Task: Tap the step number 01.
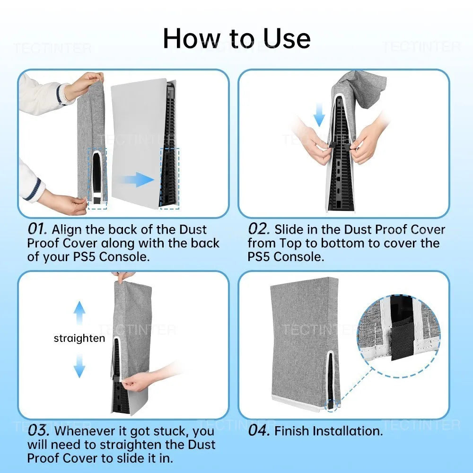click(x=37, y=229)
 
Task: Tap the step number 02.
click(x=258, y=229)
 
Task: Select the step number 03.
click(x=39, y=431)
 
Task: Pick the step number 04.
click(x=259, y=431)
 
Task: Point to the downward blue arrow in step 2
click(x=320, y=115)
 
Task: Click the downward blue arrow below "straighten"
click(x=79, y=365)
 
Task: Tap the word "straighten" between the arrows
click(x=79, y=339)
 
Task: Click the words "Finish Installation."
click(x=328, y=431)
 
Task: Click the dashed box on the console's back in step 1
click(x=170, y=177)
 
